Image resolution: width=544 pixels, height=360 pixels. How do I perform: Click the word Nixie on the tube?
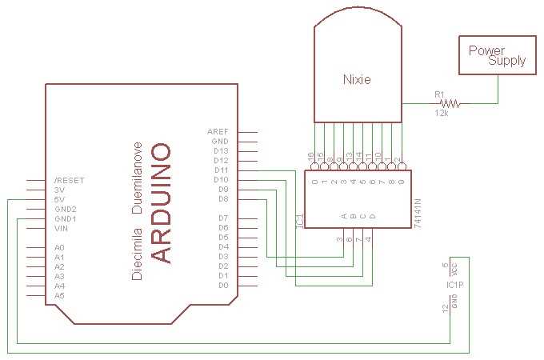point(357,79)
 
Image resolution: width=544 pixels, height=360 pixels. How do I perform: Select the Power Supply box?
point(496,55)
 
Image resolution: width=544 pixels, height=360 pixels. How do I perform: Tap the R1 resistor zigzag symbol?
point(451,103)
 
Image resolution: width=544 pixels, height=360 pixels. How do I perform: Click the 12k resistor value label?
point(441,114)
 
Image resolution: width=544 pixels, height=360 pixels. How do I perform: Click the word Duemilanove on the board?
point(138,179)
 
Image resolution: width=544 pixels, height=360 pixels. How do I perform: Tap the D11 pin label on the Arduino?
point(222,170)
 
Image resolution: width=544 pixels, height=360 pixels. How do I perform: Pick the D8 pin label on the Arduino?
point(224,198)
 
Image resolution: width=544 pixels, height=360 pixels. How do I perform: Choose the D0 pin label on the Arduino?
point(224,285)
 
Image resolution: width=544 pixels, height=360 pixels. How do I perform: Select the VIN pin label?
point(61,228)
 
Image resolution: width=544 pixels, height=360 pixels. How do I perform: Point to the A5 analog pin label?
point(59,295)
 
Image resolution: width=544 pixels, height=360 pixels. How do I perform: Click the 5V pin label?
point(58,199)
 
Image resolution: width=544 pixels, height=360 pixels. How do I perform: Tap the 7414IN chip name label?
point(418,215)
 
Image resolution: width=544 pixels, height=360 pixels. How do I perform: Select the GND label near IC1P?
point(454,301)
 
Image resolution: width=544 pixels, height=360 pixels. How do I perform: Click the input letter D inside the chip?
point(372,215)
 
